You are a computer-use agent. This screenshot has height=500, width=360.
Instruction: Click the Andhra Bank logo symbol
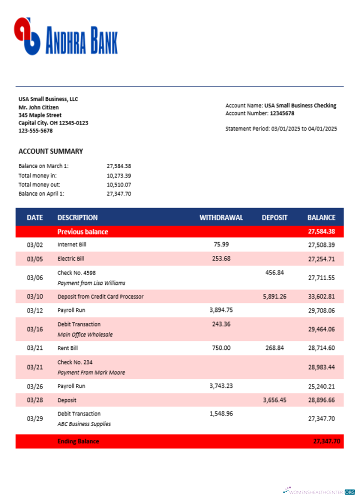click(27, 36)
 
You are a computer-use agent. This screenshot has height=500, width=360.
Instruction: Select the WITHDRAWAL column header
click(221, 217)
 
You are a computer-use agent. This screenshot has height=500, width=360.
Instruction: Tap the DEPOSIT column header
click(274, 217)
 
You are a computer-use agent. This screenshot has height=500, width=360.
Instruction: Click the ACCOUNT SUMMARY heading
click(50, 151)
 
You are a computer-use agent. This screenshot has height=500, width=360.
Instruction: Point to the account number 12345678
click(282, 113)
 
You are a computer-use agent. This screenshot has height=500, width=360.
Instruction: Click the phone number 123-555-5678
click(35, 131)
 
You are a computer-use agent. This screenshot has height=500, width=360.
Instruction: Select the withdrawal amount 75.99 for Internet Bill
click(221, 244)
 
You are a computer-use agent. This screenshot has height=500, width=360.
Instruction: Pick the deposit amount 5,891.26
click(274, 296)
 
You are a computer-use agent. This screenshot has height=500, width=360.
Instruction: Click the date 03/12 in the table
click(35, 310)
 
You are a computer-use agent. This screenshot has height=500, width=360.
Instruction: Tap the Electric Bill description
click(71, 258)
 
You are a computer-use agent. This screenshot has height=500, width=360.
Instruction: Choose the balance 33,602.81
click(321, 296)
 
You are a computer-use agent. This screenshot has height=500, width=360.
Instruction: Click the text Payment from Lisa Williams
click(91, 283)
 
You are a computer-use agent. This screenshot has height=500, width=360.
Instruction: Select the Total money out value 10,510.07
click(119, 184)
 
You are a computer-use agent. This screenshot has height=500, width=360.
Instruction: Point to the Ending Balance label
click(78, 441)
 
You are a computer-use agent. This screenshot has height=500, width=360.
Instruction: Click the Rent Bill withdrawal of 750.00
click(221, 348)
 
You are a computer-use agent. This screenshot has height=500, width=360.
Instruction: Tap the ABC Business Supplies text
click(84, 424)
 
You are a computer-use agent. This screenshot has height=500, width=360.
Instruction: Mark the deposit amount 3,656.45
click(274, 400)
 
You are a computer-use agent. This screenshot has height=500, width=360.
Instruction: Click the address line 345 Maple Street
click(40, 115)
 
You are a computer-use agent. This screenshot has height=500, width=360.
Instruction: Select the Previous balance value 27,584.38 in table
click(321, 231)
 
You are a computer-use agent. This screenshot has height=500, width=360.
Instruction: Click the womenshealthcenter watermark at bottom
click(319, 491)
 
